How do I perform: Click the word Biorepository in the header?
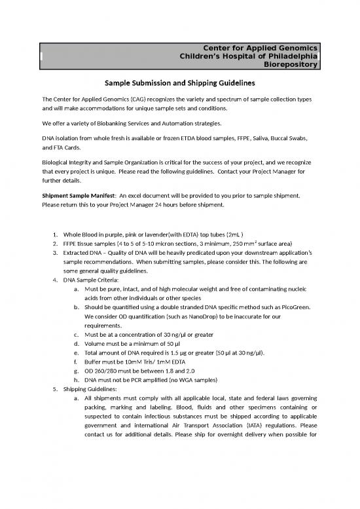click(x=291, y=65)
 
